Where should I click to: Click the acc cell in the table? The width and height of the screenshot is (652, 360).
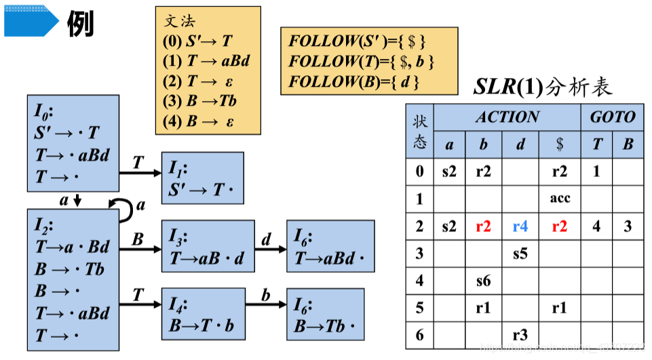point(560,199)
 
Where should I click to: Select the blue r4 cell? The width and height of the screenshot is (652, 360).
point(520,226)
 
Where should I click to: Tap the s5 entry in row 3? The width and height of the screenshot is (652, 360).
point(520,254)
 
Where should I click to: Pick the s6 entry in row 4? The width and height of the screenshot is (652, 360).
point(483,281)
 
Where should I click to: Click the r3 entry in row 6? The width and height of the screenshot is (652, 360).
point(520,335)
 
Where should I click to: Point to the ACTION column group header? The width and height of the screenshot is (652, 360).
point(507,117)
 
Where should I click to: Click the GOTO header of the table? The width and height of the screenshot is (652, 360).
point(612,117)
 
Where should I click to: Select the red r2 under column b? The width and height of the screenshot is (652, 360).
point(483,226)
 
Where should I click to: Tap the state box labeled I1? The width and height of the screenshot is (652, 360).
point(202,178)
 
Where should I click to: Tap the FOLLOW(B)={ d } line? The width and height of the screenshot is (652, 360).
point(354,82)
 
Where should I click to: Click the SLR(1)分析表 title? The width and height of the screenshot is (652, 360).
point(542,86)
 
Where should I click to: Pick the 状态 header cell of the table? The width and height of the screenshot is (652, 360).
point(420,132)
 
